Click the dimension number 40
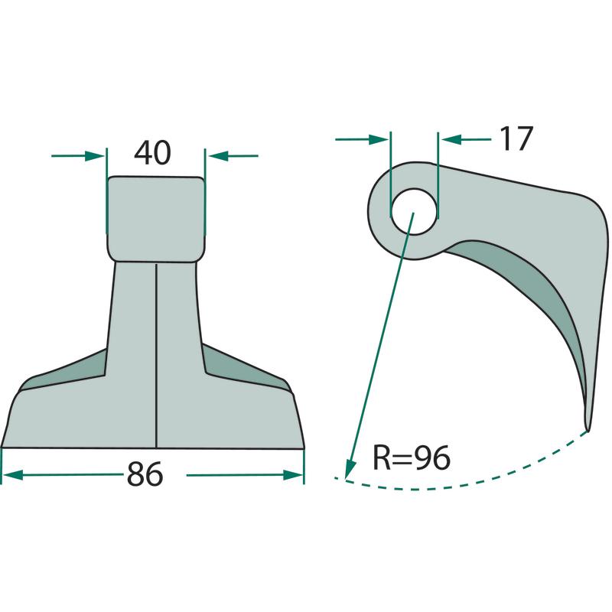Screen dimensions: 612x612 [x=152, y=152]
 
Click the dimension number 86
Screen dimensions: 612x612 [x=145, y=474]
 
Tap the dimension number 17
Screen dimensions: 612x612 [x=516, y=138]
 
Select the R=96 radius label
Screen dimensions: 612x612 [x=412, y=457]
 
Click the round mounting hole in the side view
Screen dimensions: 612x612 [x=414, y=212]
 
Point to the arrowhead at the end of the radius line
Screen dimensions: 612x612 [x=350, y=468]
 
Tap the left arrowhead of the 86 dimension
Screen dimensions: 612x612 [x=11, y=475]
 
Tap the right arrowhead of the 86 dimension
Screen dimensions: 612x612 [x=294, y=475]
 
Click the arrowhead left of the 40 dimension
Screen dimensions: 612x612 [x=95, y=156]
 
